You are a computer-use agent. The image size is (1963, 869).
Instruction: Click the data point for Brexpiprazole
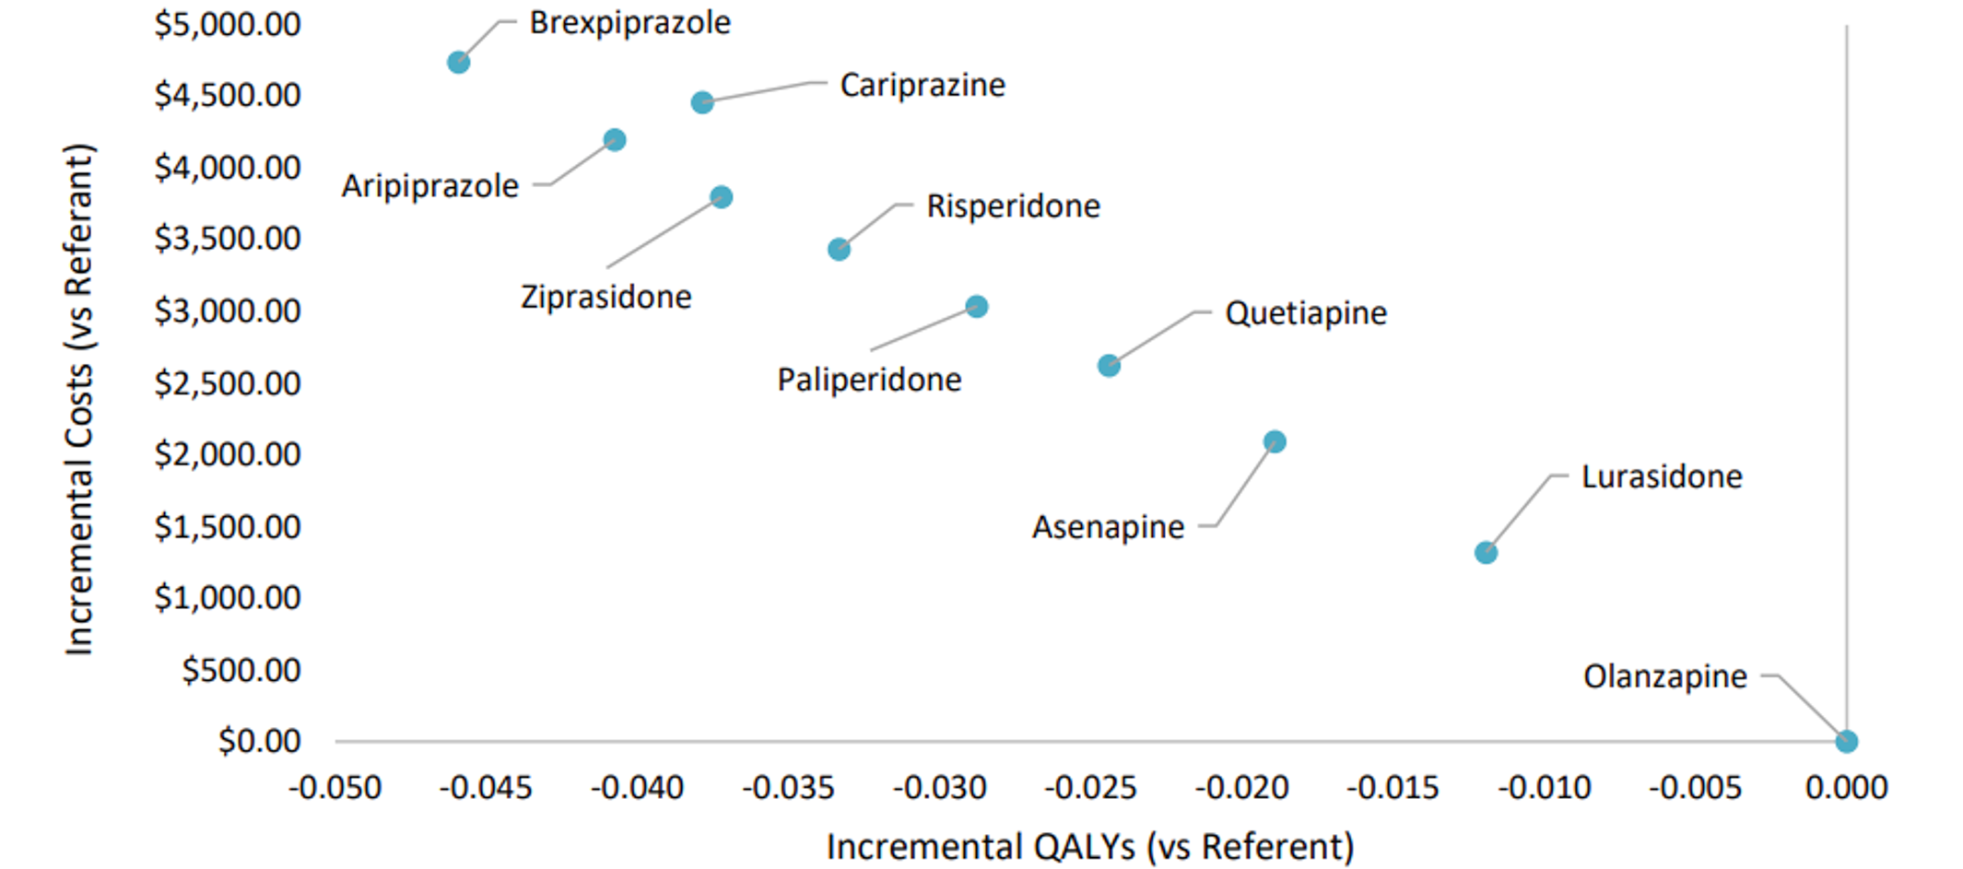pyautogui.click(x=458, y=63)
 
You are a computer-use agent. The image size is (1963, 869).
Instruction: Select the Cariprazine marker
pyautogui.click(x=702, y=102)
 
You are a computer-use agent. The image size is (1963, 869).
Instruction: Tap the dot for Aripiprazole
pyautogui.click(x=615, y=140)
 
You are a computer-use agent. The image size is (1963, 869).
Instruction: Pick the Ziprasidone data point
pyautogui.click(x=722, y=197)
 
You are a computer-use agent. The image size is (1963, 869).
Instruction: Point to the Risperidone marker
pyautogui.click(x=839, y=250)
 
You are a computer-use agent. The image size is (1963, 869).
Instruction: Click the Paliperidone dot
pyautogui.click(x=977, y=307)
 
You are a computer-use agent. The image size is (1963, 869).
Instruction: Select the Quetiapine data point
pyautogui.click(x=1109, y=366)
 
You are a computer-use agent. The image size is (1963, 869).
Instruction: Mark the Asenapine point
pyautogui.click(x=1275, y=442)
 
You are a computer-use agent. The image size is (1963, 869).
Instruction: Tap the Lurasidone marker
pyautogui.click(x=1486, y=553)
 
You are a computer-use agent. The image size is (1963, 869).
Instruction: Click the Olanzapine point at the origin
pyautogui.click(x=1846, y=742)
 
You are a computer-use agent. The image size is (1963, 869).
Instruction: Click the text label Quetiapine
pyautogui.click(x=1305, y=313)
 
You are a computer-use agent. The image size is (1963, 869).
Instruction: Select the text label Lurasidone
pyautogui.click(x=1662, y=477)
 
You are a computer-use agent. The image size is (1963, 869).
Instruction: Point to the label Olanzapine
pyautogui.click(x=1664, y=677)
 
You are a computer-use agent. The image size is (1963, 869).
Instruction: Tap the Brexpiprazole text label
pyautogui.click(x=629, y=23)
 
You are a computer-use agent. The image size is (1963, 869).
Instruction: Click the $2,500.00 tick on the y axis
pyautogui.click(x=228, y=383)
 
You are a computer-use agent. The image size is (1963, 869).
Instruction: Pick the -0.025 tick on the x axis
pyautogui.click(x=1090, y=788)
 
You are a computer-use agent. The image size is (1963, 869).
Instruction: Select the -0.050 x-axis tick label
pyautogui.click(x=335, y=788)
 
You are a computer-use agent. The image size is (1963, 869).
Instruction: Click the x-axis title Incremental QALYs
pyautogui.click(x=1089, y=846)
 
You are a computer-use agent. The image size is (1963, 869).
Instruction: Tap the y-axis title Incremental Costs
pyautogui.click(x=79, y=399)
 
